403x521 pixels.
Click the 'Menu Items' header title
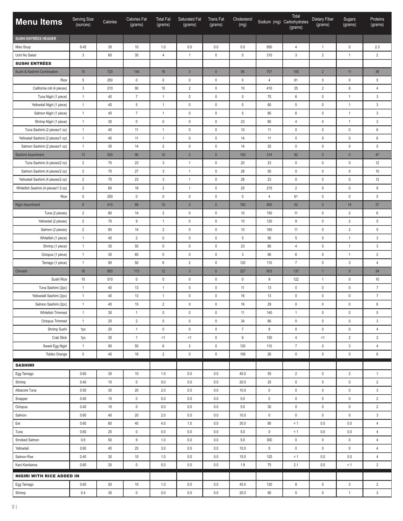click(x=39, y=22)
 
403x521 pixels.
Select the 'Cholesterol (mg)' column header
click(x=243, y=22)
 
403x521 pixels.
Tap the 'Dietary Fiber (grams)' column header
click(x=323, y=22)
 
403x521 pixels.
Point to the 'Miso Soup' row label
click(x=23, y=47)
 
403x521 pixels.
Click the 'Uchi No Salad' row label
click(x=26, y=55)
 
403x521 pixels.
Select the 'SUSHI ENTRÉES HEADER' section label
click(x=36, y=39)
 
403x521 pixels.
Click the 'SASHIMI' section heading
click(x=25, y=365)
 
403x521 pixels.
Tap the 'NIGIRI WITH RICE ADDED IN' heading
click(x=47, y=476)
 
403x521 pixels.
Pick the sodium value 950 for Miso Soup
click(x=269, y=47)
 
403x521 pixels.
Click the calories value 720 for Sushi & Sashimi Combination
click(x=110, y=72)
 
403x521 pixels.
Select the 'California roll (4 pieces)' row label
click(x=50, y=88)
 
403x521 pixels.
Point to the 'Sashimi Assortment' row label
click(x=30, y=155)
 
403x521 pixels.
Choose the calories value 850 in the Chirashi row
click(x=110, y=271)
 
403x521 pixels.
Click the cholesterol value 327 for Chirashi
click(x=243, y=271)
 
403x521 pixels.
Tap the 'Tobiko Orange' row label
click(x=56, y=354)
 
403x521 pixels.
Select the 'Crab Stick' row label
click(x=59, y=338)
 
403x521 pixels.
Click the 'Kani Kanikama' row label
click(x=26, y=465)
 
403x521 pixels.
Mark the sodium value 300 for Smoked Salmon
click(x=269, y=440)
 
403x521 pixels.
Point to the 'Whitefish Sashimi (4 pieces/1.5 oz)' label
click(x=42, y=188)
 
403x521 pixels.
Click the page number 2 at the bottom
click(x=13, y=507)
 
